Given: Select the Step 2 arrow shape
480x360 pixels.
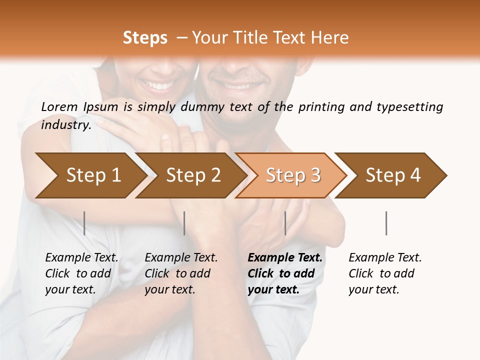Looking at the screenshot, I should pos(192,175).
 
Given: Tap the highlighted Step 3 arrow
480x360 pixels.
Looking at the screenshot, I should pos(292,175).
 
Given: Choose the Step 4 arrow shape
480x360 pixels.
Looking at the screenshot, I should pos(393,175).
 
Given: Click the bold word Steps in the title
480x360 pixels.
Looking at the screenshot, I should pos(145,38).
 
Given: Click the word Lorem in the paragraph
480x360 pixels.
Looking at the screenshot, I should pos(59,106).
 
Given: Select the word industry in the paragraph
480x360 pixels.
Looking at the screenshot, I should pos(66,125).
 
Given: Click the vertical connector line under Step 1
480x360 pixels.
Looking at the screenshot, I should pos(84,223).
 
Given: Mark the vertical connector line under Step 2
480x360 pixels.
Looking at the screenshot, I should pos(184,223).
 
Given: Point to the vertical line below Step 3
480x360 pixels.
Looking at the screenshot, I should pos(285,223).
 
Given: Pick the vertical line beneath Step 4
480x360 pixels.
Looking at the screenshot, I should pos(386,223).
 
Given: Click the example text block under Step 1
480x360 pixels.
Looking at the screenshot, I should pos(81,273).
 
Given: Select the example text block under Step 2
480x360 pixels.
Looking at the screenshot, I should pos(181,273).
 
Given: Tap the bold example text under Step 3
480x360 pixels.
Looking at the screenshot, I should pos(285,273).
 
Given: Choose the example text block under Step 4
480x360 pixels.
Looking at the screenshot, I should pos(385,273).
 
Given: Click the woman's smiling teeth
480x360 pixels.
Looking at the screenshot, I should pos(160,86).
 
